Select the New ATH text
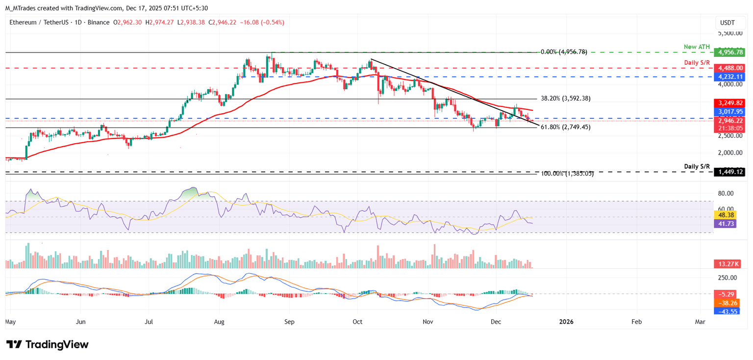pos(697,47)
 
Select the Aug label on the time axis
pos(219,322)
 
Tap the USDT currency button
pos(727,23)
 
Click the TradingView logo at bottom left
pos(48,344)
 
